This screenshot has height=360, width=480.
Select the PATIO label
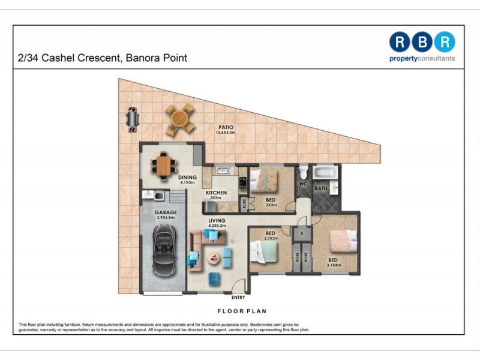pos(226,127)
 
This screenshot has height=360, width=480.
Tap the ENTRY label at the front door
pos(238,297)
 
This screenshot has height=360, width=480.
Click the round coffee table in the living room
pos(214,259)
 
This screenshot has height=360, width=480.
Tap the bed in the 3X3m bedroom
pos(264,179)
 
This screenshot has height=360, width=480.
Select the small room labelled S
pos(302,233)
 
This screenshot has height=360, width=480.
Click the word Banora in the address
pos(139,58)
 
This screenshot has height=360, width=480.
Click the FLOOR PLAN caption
pos(242,311)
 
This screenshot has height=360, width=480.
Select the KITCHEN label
pos(217,193)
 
